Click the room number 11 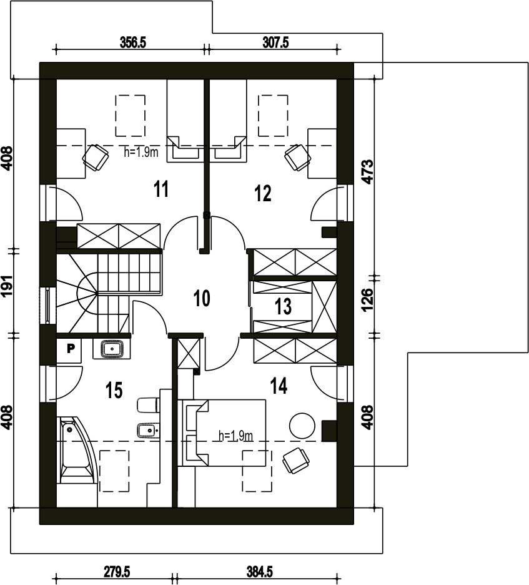(161, 189)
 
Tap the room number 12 (263, 193)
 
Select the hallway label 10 (202, 298)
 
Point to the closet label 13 (283, 307)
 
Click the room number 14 (279, 386)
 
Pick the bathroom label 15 (114, 390)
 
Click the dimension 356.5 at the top (132, 42)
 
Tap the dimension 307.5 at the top (275, 42)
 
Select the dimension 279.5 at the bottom (117, 572)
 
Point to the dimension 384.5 (259, 572)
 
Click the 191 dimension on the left (7, 286)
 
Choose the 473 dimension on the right (368, 172)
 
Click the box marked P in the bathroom (71, 349)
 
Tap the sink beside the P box (112, 349)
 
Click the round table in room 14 (302, 426)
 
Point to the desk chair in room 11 (96, 158)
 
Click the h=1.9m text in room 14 (236, 436)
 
